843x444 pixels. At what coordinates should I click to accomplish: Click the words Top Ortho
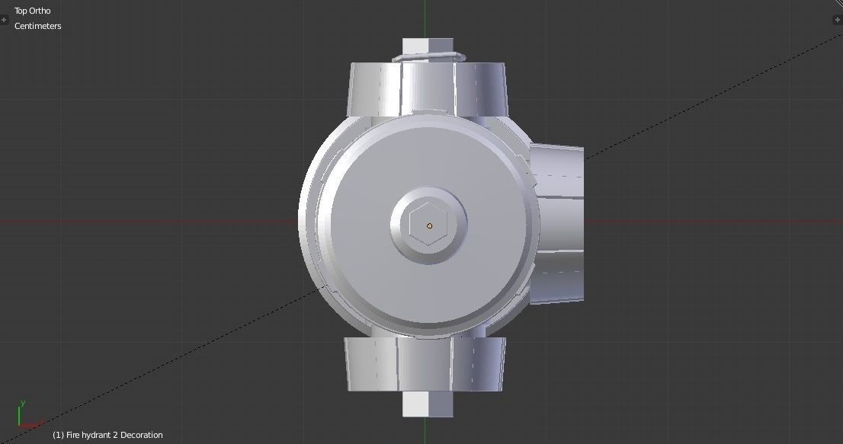32,11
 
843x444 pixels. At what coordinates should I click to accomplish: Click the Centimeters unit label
37,26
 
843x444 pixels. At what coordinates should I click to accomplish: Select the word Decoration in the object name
141,435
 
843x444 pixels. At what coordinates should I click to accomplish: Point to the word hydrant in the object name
98,435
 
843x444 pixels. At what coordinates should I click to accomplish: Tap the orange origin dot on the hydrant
429,225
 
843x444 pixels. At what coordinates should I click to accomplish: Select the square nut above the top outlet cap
428,46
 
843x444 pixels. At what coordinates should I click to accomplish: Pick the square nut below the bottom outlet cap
428,404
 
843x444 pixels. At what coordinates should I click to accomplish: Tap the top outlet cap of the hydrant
427,88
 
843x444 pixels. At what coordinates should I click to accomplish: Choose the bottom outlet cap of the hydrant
425,364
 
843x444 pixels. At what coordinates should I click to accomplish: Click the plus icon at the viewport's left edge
4,20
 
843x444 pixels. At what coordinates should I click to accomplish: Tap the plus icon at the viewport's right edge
836,20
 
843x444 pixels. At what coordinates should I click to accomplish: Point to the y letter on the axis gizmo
23,403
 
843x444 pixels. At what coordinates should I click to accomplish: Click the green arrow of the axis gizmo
19,416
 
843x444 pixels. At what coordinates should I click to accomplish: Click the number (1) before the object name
58,435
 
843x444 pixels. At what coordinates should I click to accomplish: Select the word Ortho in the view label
40,11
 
